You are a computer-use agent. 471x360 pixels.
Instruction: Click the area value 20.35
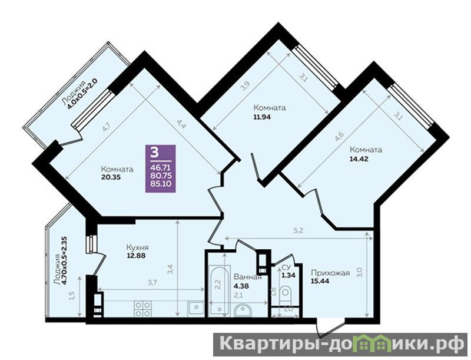111,177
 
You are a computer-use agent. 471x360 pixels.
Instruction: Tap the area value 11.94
262,117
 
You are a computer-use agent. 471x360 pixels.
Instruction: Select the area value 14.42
359,159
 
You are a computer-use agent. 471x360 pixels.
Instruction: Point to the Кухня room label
137,247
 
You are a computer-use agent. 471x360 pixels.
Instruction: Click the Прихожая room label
330,273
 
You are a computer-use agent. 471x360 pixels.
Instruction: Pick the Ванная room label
247,277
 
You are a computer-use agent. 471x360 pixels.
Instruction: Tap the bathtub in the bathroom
220,290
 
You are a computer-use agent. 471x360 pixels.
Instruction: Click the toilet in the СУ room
285,296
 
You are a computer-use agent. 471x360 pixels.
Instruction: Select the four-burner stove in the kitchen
142,309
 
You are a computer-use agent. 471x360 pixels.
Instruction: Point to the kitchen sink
196,308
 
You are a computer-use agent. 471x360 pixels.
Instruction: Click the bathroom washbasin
243,311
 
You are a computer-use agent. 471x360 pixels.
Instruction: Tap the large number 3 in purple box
154,153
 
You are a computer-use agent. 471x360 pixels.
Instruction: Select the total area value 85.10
161,183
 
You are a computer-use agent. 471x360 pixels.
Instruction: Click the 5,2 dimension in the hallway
298,231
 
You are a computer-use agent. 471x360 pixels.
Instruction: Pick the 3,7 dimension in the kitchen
153,282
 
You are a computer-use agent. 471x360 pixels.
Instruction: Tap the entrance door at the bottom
331,328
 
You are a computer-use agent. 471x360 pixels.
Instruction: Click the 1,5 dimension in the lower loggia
71,296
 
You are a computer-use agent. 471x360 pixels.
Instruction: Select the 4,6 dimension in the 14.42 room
339,137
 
